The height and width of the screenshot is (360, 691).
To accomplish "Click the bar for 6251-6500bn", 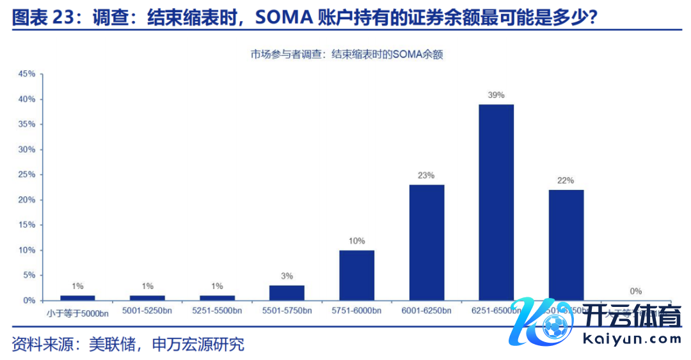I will pyautogui.click(x=496, y=202).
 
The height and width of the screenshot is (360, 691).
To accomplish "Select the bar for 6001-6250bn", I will pyautogui.click(x=427, y=242).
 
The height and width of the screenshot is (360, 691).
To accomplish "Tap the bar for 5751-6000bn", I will pyautogui.click(x=356, y=275).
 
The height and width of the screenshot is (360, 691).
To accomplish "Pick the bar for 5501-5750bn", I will pyautogui.click(x=287, y=292).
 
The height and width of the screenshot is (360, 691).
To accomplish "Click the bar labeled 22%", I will pyautogui.click(x=566, y=245).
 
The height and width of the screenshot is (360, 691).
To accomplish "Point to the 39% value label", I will pyautogui.click(x=496, y=95).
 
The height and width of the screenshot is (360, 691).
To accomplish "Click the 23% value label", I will pyautogui.click(x=427, y=175).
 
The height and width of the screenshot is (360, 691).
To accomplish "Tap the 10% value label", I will pyautogui.click(x=356, y=241).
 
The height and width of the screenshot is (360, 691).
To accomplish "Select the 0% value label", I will pyautogui.click(x=635, y=291).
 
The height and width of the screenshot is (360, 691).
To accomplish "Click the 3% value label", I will pyautogui.click(x=287, y=276).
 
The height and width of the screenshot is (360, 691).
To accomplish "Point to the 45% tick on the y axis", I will pyautogui.click(x=27, y=74).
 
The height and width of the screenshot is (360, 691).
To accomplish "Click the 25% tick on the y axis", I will pyautogui.click(x=27, y=175).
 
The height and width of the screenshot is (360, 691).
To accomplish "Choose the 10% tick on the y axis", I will pyautogui.click(x=27, y=250).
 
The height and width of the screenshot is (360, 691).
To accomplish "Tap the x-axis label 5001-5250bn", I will pyautogui.click(x=147, y=311).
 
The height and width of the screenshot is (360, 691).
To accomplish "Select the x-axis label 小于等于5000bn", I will pyautogui.click(x=77, y=312).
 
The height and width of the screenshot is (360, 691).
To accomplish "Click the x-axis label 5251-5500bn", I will pyautogui.click(x=217, y=311).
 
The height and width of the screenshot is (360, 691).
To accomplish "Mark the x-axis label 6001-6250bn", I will pyautogui.click(x=427, y=311).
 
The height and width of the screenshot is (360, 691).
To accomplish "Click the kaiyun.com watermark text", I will pyautogui.click(x=636, y=340).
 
